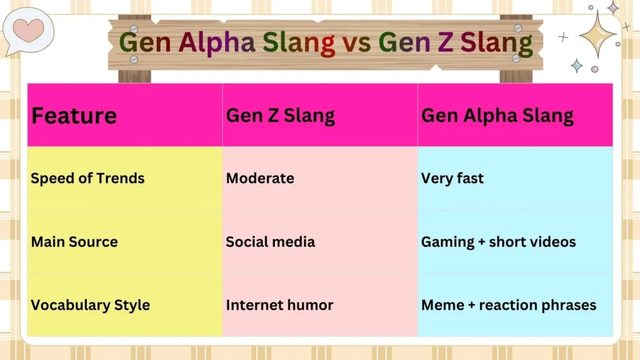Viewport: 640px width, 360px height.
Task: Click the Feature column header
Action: (74, 116)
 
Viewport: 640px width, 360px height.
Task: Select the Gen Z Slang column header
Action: (280, 116)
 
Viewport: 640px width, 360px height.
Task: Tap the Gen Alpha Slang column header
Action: (497, 116)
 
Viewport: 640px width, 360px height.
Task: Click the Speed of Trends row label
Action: (87, 178)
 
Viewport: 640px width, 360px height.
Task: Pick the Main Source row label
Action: (74, 242)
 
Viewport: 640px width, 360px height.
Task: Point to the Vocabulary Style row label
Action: (91, 305)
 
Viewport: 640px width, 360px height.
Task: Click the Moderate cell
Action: (259, 178)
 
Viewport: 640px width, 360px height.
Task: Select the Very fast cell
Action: (452, 178)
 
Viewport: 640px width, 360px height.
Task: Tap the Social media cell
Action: (270, 242)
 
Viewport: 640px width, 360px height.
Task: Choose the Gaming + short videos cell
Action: (498, 242)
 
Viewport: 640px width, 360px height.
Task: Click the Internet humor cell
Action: (279, 305)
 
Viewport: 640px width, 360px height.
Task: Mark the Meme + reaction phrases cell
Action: (509, 305)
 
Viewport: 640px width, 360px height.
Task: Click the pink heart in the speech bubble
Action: (29, 29)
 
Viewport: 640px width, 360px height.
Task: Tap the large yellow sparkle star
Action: (597, 34)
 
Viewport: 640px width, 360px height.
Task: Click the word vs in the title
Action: (356, 43)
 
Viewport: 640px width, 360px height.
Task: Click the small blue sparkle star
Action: (576, 65)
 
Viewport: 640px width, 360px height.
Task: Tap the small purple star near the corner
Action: (613, 7)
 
